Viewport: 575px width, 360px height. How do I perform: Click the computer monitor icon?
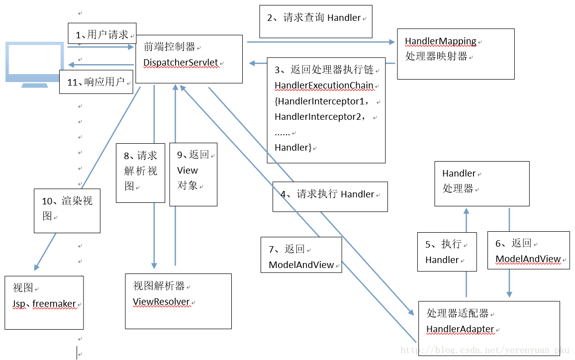(x=34, y=64)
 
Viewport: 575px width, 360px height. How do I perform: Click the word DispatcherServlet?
(x=181, y=63)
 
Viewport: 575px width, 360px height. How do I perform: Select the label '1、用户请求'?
(x=102, y=35)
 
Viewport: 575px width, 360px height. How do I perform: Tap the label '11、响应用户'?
(x=96, y=82)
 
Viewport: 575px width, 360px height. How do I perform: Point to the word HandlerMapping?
(x=440, y=41)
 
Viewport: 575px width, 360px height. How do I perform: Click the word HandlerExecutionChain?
(x=324, y=86)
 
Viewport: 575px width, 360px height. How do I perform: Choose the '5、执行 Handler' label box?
(x=447, y=252)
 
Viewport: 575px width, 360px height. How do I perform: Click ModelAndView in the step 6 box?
(x=528, y=260)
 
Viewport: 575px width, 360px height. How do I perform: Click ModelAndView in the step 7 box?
(x=301, y=265)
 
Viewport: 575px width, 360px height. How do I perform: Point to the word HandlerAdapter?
(x=460, y=329)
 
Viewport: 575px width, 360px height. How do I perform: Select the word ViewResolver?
(x=161, y=302)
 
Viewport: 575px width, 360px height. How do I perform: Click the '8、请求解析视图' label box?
(x=140, y=172)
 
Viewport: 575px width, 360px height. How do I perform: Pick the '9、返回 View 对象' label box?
(x=193, y=174)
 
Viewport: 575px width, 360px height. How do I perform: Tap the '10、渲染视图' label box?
(x=67, y=210)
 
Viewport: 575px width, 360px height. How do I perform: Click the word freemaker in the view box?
(x=54, y=304)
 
